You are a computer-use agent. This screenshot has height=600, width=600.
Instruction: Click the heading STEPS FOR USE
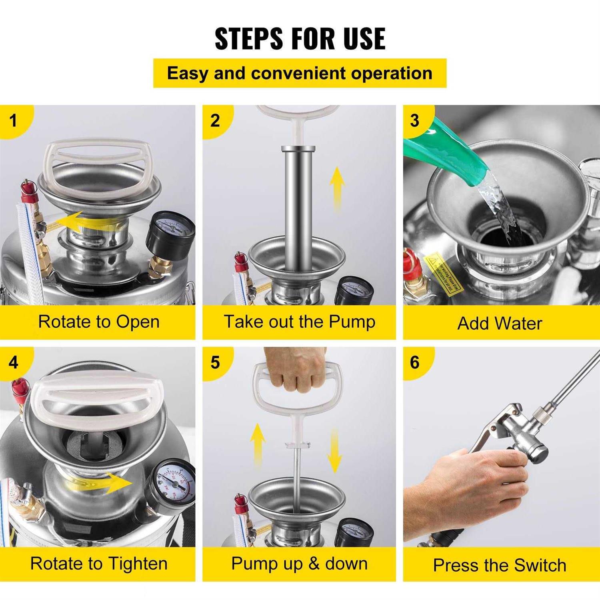click(300, 39)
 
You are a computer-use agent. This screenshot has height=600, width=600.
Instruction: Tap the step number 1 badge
click(14, 120)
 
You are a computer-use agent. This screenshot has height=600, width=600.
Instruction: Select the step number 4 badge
click(14, 362)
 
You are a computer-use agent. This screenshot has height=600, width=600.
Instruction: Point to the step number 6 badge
click(415, 362)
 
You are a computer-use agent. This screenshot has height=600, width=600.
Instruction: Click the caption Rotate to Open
click(98, 322)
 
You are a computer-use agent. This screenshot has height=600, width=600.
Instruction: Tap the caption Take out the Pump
click(299, 322)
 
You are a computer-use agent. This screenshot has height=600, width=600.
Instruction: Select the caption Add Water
click(500, 323)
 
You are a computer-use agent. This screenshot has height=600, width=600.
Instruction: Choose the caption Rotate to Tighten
click(98, 564)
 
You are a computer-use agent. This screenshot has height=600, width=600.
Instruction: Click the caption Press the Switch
click(500, 565)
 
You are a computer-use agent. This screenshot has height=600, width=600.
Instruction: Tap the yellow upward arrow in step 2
click(337, 188)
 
